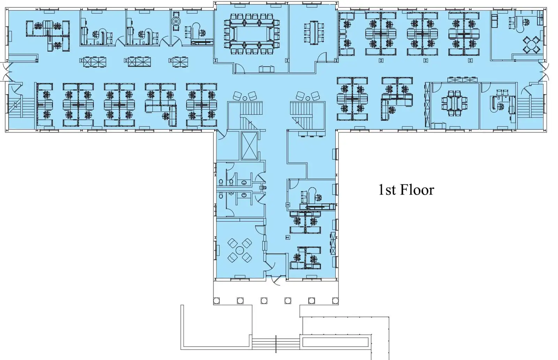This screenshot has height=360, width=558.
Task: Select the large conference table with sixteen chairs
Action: pos(251,34)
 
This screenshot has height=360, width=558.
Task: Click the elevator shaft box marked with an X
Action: pos(249,145)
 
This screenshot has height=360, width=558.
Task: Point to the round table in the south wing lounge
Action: pos(240,250)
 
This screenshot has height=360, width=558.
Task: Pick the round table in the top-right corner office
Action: pos(531,45)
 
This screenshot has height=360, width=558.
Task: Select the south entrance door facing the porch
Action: pos(276,280)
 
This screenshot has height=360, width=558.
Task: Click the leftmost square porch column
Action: pos(217,301)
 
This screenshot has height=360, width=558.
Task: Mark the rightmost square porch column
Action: pos(335,301)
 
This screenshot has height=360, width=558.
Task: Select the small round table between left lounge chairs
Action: pos(245,98)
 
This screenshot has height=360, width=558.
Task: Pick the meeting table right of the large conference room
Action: pos(314,32)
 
